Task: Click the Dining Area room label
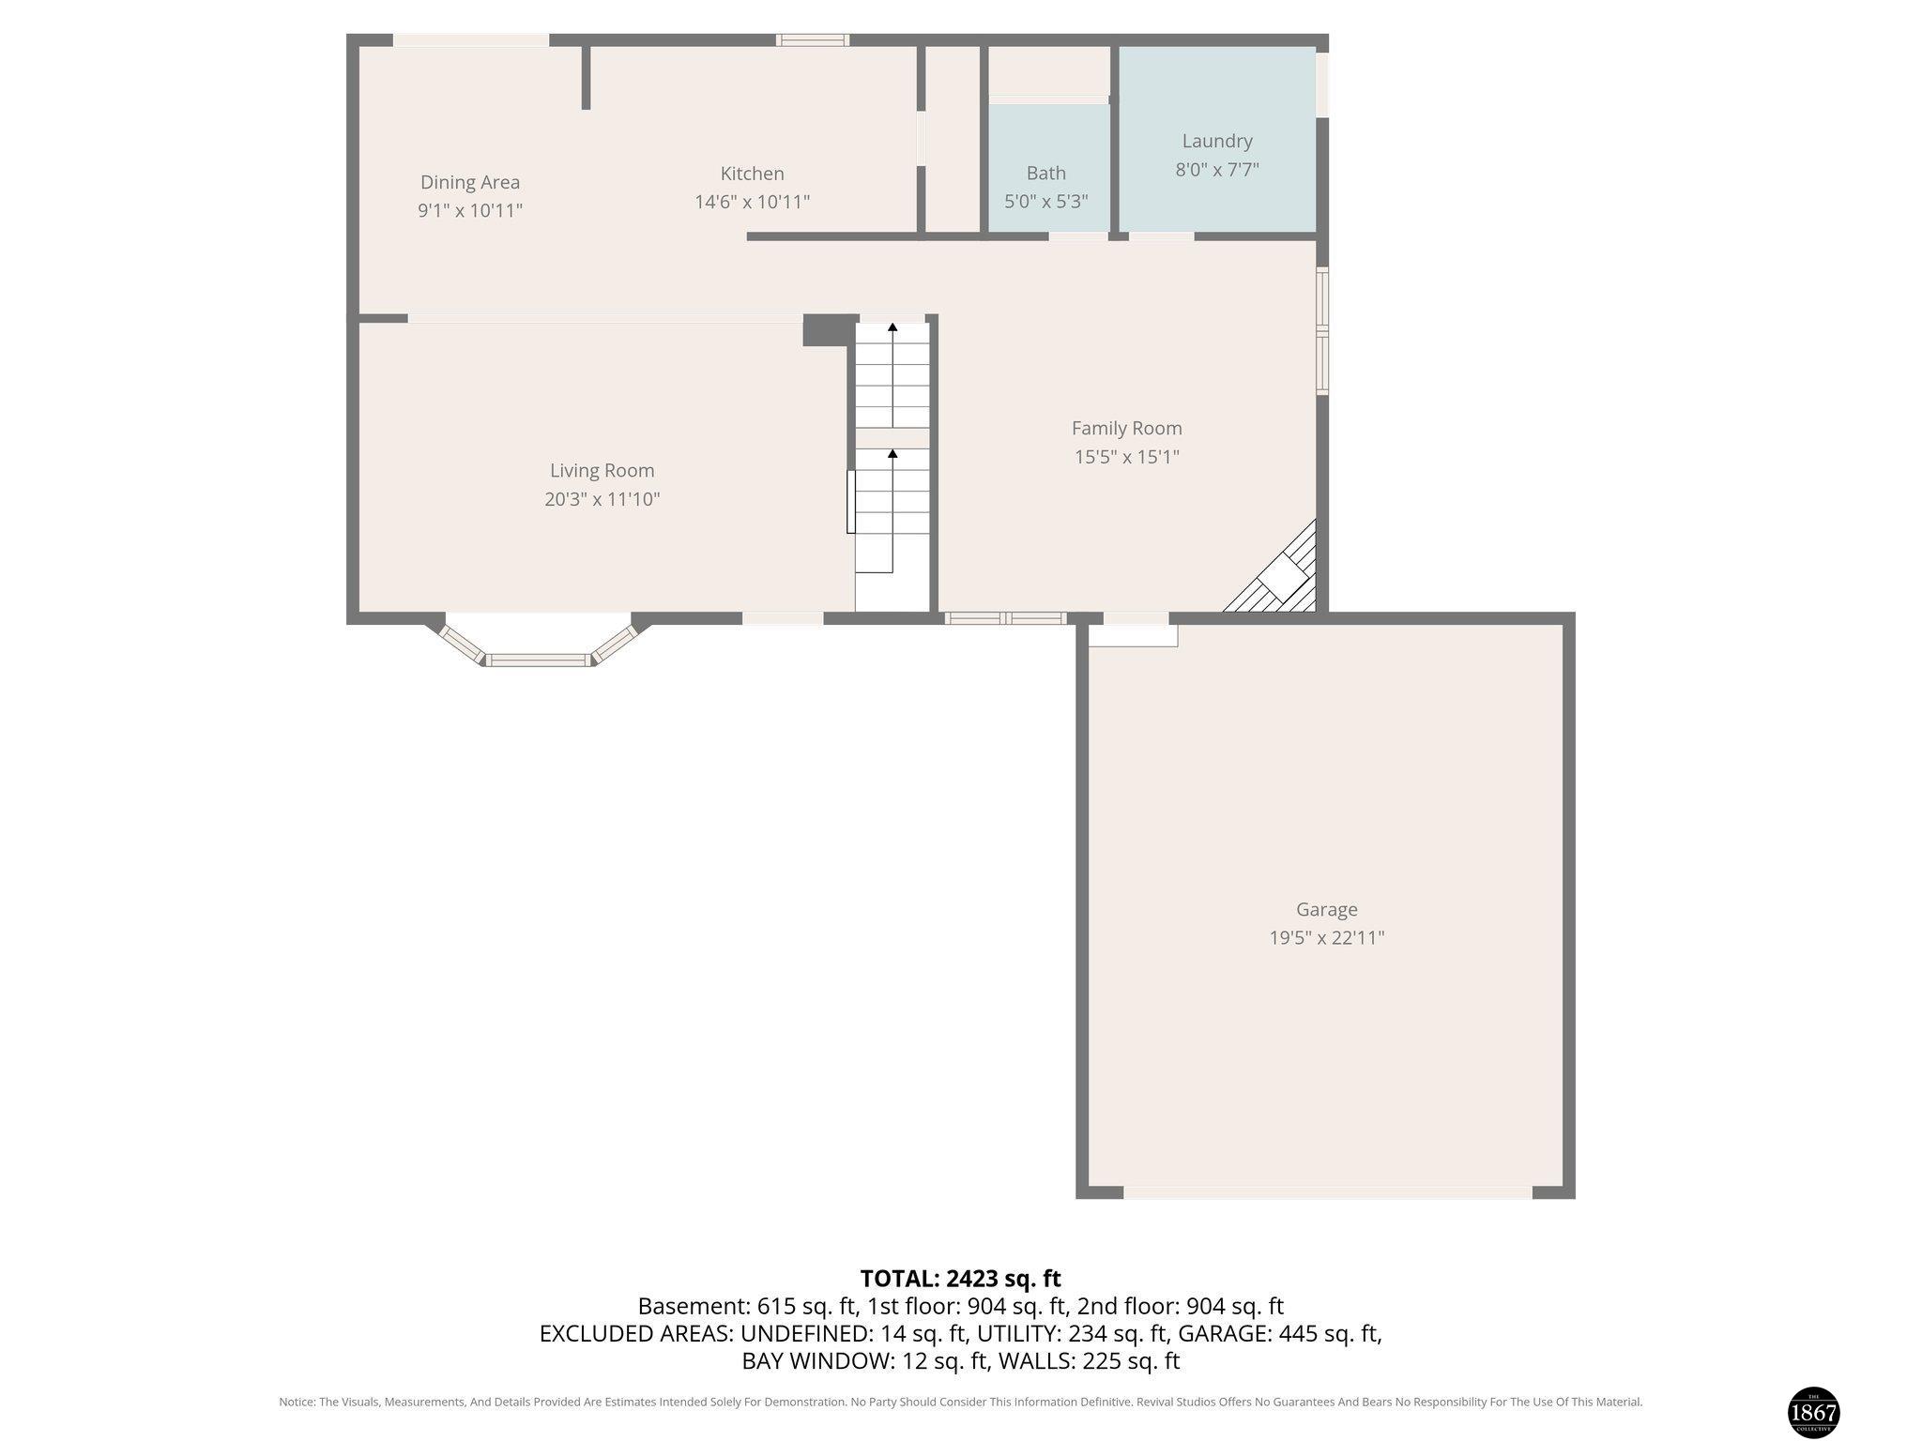pyautogui.click(x=469, y=182)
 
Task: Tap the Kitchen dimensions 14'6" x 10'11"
pyautogui.click(x=752, y=202)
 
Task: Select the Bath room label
pyautogui.click(x=1045, y=173)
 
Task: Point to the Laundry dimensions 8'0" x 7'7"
pyautogui.click(x=1217, y=170)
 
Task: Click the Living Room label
pyautogui.click(x=602, y=470)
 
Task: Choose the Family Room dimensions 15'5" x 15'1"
pyautogui.click(x=1126, y=457)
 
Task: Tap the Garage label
pyautogui.click(x=1326, y=909)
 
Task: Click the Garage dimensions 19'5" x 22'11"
pyautogui.click(x=1326, y=937)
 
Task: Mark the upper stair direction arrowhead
pyautogui.click(x=892, y=327)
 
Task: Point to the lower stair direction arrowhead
pyautogui.click(x=892, y=454)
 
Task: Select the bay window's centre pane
pyautogui.click(x=540, y=660)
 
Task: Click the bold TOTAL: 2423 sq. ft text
pyautogui.click(x=960, y=1278)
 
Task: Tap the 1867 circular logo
pyautogui.click(x=1813, y=1411)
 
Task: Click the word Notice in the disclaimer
pyautogui.click(x=297, y=1402)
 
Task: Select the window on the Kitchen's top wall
pyautogui.click(x=813, y=39)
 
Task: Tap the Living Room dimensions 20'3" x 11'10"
pyautogui.click(x=602, y=499)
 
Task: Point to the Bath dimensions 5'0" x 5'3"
pyautogui.click(x=1045, y=201)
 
